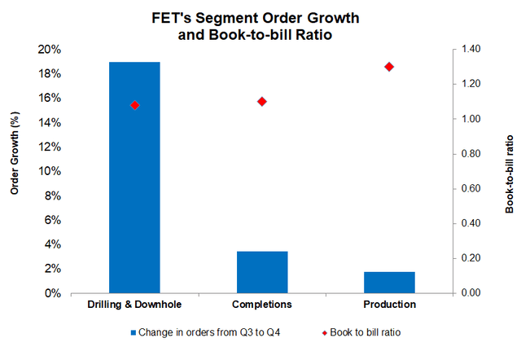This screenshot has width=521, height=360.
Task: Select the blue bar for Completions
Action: point(262,272)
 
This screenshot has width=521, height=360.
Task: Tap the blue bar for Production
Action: point(389,282)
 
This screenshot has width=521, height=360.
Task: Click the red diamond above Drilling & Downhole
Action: point(135,105)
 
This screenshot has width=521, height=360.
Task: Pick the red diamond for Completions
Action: point(262,102)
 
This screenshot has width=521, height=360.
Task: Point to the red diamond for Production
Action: point(389,67)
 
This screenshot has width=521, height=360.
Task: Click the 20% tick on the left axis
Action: point(50,50)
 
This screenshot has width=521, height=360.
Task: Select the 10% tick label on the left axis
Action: point(50,171)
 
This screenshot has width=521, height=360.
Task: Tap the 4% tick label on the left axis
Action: point(53,244)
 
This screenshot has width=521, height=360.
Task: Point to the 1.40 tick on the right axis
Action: point(471,50)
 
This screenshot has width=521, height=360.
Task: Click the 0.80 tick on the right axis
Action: point(471,154)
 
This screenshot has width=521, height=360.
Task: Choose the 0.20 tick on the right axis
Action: point(471,258)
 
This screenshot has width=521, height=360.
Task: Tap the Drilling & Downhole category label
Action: point(134,305)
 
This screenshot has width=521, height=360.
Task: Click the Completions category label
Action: point(262,305)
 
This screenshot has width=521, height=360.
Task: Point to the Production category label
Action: point(389,305)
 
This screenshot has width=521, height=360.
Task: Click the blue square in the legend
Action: point(134,332)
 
